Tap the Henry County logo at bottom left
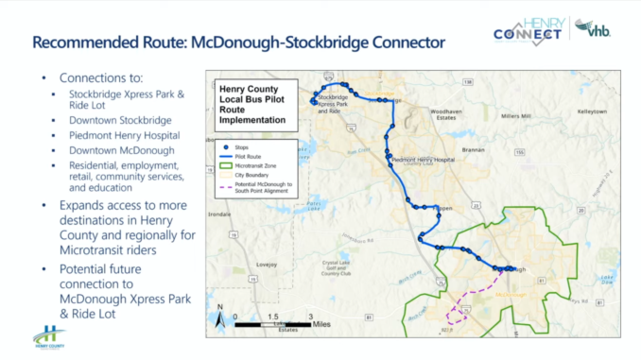pos(49,336)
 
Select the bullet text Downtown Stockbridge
pos(120,120)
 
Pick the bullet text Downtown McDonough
pos(121,150)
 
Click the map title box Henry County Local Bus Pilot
pos(252,103)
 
